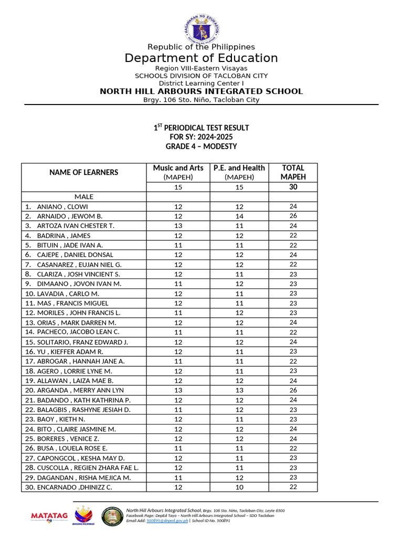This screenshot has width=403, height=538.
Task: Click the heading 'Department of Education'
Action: coord(201,58)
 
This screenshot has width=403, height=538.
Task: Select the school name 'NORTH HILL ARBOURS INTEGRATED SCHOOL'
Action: coord(201,91)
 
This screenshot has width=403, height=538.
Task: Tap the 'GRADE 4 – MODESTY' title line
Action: coord(201,146)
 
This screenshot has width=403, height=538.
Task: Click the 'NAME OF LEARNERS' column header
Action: coord(84,172)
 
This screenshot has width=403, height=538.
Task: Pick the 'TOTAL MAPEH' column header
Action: coord(293,172)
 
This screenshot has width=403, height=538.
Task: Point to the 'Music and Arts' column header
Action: coord(178,168)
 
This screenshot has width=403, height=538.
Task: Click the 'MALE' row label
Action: coord(84,196)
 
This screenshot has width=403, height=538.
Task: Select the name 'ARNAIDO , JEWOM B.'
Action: coord(69,216)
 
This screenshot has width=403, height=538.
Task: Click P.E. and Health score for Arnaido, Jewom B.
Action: coord(239,216)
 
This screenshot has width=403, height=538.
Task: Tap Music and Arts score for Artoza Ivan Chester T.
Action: coord(178,226)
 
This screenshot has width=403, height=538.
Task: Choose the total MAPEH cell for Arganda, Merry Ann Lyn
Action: coord(293,390)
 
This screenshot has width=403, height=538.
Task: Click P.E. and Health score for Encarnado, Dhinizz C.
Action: coord(239,487)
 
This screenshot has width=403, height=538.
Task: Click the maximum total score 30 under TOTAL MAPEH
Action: coord(293,187)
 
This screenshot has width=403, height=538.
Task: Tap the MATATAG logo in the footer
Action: coord(49,516)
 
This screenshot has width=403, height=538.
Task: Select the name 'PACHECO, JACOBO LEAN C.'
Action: coord(78,332)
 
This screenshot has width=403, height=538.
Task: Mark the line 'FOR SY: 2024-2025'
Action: coord(201,137)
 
